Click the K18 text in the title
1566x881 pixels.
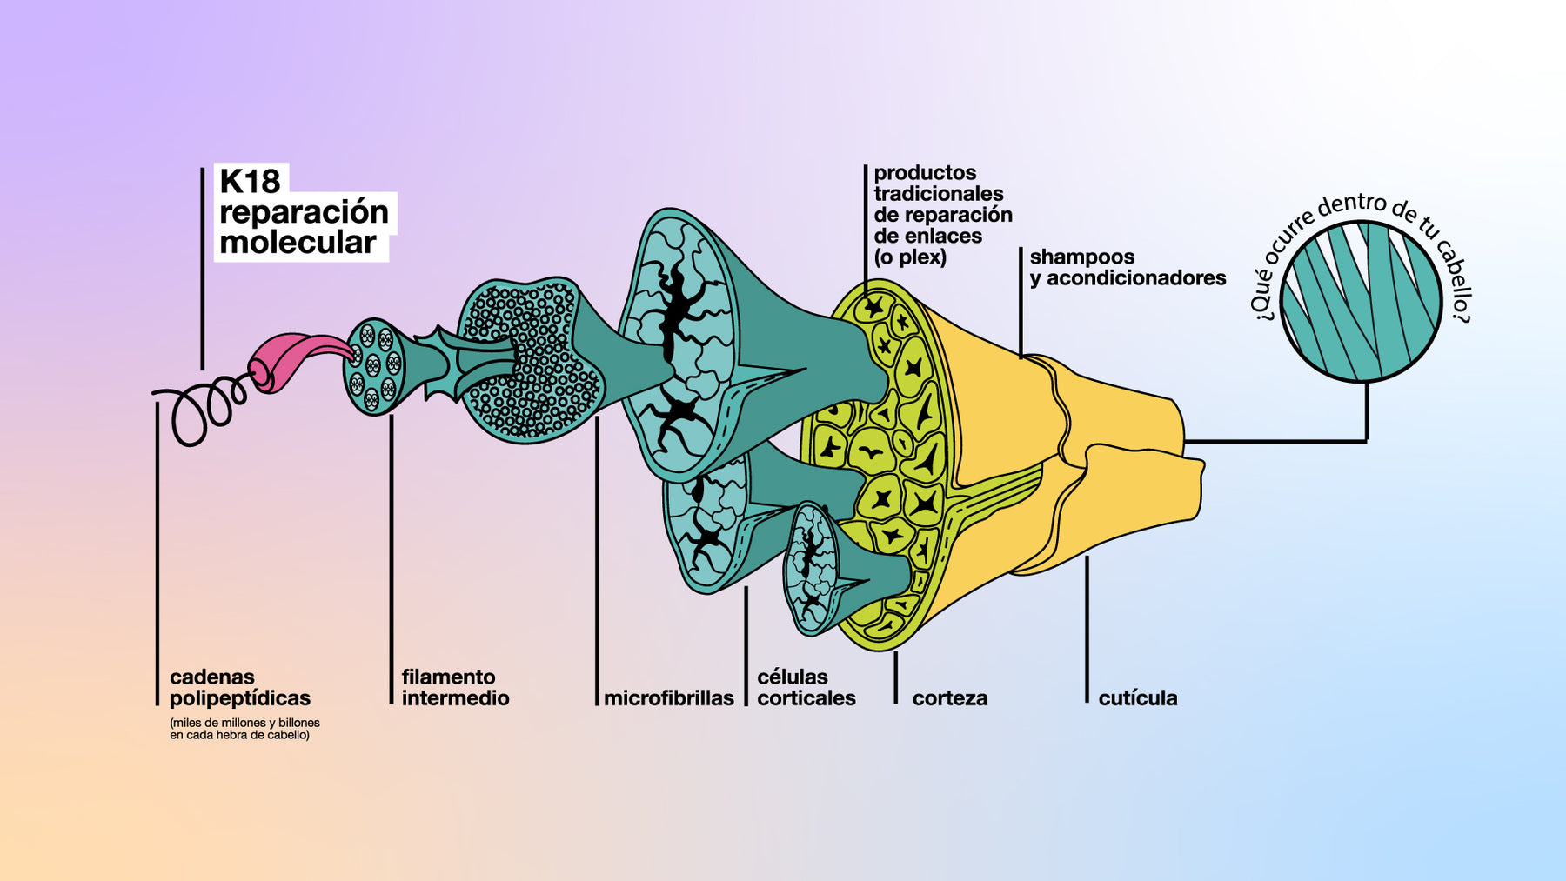click(250, 181)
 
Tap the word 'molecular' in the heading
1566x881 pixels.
click(298, 243)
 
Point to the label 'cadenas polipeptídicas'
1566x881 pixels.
click(239, 687)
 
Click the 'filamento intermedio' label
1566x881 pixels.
click(455, 687)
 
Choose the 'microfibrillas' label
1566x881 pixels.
click(668, 698)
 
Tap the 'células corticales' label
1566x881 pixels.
click(806, 687)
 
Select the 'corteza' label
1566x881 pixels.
click(949, 698)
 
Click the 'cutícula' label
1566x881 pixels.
click(1137, 698)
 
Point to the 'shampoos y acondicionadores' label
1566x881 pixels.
click(1127, 267)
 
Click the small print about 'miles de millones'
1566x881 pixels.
click(244, 729)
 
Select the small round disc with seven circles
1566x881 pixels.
click(375, 366)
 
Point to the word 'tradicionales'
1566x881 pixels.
click(938, 194)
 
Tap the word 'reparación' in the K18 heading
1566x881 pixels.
click(304, 212)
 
